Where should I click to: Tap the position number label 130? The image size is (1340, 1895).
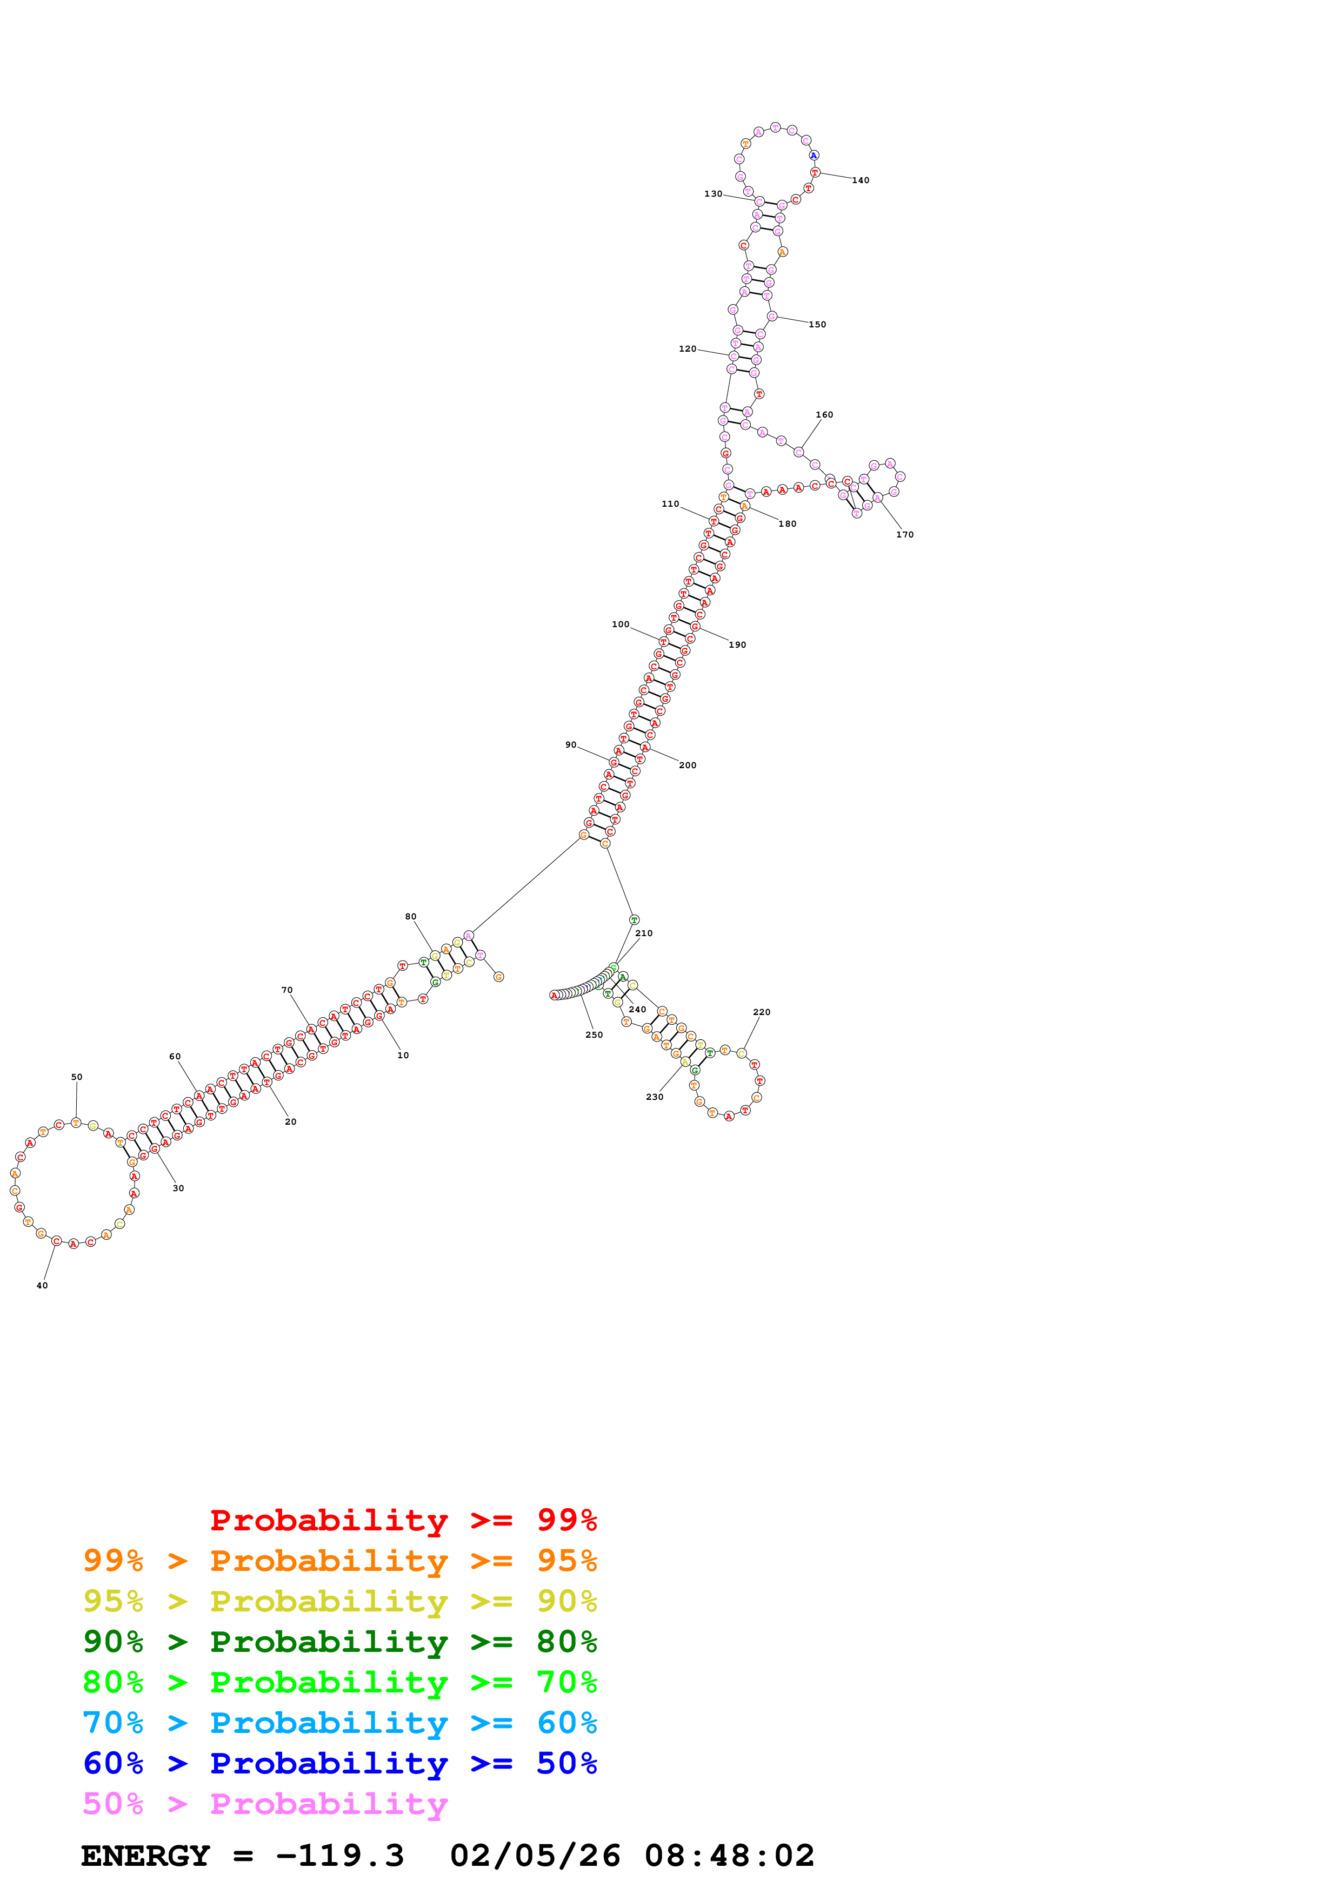pyautogui.click(x=712, y=194)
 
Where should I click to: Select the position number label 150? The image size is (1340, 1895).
pyautogui.click(x=817, y=324)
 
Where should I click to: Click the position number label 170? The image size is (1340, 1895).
pyautogui.click(x=905, y=535)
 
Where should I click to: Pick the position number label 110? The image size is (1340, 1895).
pyautogui.click(x=670, y=503)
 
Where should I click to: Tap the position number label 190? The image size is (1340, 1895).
pyautogui.click(x=737, y=644)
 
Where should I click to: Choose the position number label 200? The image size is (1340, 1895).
pyautogui.click(x=687, y=765)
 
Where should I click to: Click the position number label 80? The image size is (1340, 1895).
pyautogui.click(x=410, y=917)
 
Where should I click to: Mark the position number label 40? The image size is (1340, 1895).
pyautogui.click(x=42, y=1285)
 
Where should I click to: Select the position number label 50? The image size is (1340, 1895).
pyautogui.click(x=77, y=1077)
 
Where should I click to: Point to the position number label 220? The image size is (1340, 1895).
pyautogui.click(x=761, y=1012)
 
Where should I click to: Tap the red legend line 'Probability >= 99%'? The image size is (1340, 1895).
pyautogui.click(x=403, y=1520)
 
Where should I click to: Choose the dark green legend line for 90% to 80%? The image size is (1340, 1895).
pyautogui.click(x=339, y=1642)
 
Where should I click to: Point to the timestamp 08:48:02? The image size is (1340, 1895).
pyautogui.click(x=729, y=1856)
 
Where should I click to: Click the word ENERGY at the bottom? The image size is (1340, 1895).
pyautogui.click(x=145, y=1856)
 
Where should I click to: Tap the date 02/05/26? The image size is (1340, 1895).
pyautogui.click(x=535, y=1856)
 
